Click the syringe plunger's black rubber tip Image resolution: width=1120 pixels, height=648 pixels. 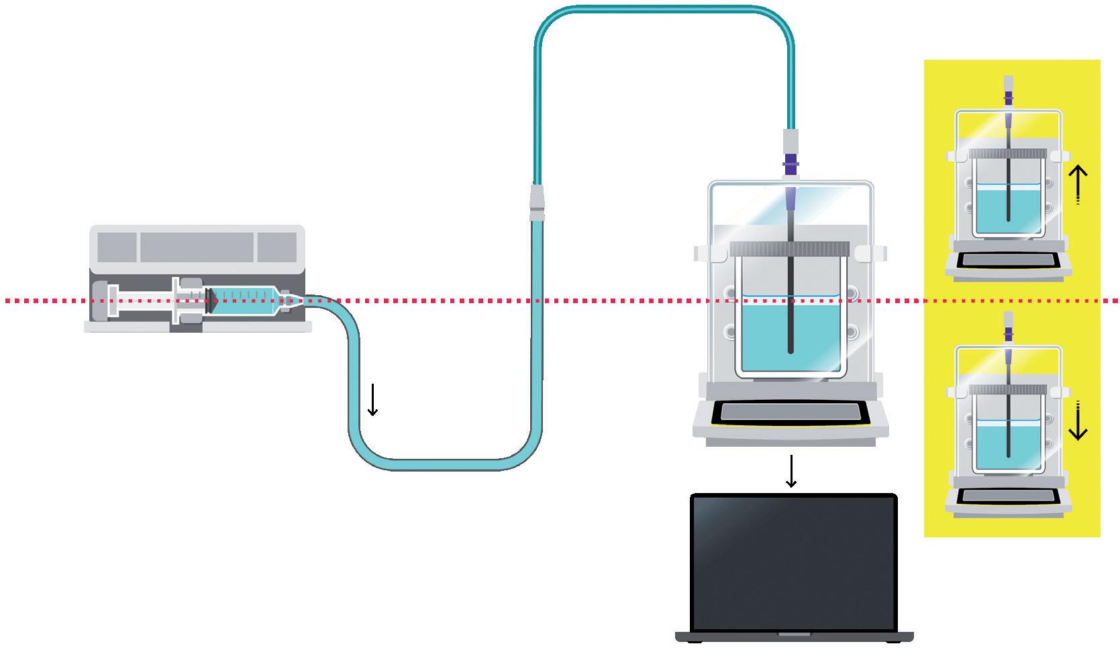click(x=211, y=300)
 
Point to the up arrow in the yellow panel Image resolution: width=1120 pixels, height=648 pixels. click(x=1077, y=185)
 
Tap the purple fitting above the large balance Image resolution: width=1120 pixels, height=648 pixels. click(x=792, y=163)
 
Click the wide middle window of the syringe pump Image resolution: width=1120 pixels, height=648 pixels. click(x=198, y=247)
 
